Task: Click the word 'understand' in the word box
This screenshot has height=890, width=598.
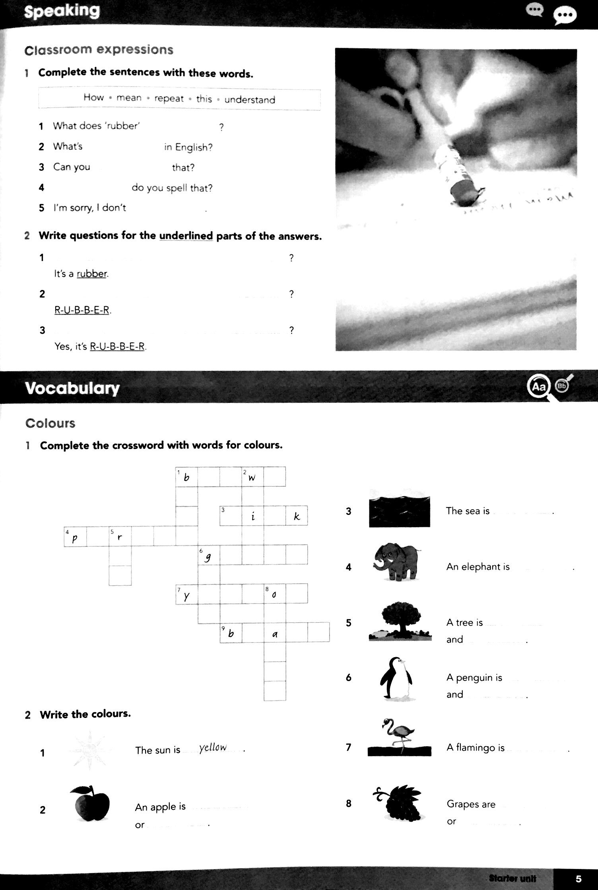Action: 249,99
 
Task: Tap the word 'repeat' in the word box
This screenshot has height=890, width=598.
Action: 169,99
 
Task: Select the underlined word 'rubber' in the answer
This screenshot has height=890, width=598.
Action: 92,274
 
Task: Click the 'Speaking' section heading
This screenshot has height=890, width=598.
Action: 62,12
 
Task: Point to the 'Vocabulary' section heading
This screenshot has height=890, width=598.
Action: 72,388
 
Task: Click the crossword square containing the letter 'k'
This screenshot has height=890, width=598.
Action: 297,516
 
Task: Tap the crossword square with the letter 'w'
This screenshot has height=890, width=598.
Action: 252,477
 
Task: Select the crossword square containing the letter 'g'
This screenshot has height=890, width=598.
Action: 209,555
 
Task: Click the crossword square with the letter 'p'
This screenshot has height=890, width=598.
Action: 75,537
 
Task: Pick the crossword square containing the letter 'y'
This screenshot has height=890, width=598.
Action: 186,594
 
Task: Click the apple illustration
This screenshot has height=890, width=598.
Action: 90,803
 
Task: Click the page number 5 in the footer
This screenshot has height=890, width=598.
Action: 579,878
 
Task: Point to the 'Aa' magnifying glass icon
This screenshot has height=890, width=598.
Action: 539,386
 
